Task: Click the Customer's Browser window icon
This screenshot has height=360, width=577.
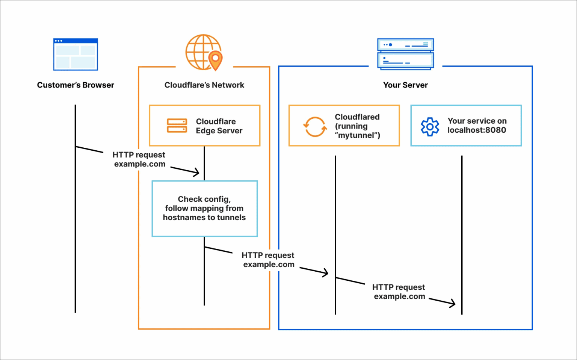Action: [x=76, y=54]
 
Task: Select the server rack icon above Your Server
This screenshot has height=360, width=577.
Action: [x=405, y=54]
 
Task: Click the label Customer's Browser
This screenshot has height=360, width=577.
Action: [x=76, y=85]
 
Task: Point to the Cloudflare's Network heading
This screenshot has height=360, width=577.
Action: [x=204, y=85]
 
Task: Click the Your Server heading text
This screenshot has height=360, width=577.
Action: [x=405, y=85]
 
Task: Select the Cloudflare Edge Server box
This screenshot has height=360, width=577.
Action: [x=205, y=126]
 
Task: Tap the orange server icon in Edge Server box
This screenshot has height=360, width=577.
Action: [x=177, y=126]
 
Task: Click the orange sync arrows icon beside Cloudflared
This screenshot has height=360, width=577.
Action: [x=315, y=127]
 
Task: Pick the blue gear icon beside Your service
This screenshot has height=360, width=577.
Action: [x=430, y=127]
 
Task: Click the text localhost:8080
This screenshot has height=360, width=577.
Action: [x=477, y=130]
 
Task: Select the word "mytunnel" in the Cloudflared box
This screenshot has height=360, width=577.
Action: [x=356, y=136]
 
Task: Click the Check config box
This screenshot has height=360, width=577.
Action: [x=204, y=209]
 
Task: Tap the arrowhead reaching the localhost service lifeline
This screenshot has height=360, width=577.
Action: [x=453, y=304]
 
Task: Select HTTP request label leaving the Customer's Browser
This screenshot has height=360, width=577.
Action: [x=139, y=159]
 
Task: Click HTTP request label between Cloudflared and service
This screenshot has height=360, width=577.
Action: [x=399, y=292]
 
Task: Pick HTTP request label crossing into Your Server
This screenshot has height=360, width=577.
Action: [x=268, y=260]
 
